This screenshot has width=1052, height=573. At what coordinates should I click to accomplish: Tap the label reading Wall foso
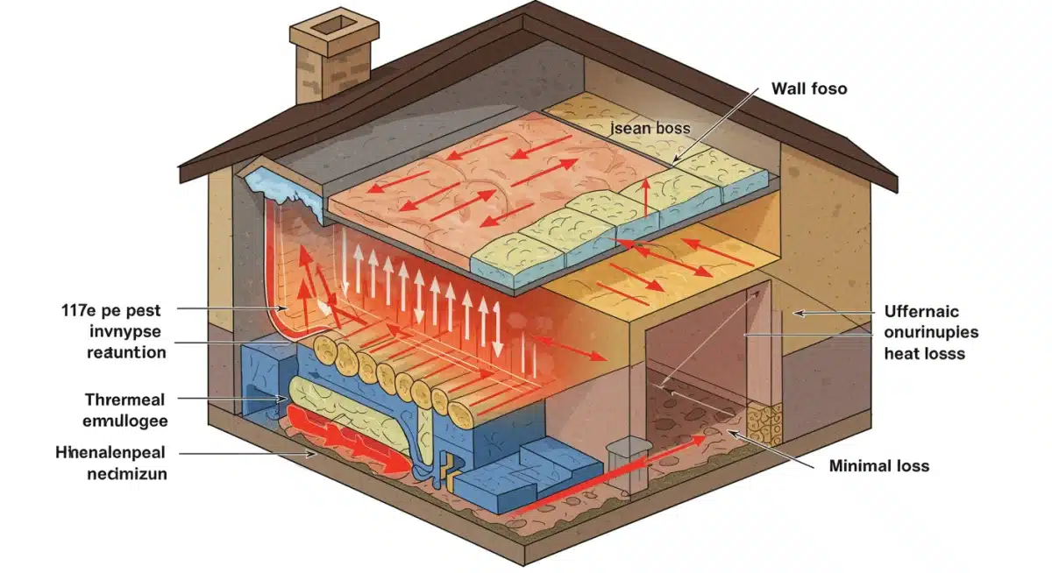(x=808, y=88)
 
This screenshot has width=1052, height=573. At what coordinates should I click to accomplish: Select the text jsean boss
(x=649, y=128)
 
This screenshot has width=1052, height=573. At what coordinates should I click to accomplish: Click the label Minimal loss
(x=878, y=466)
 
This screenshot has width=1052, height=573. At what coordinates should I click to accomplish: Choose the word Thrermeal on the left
(x=124, y=400)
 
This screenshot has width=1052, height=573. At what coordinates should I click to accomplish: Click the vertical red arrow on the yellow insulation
(x=645, y=196)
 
